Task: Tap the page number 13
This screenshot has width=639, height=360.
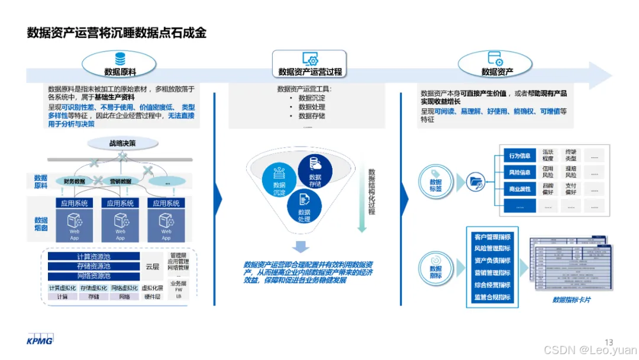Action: click(609, 341)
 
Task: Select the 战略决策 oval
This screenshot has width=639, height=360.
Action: click(122, 143)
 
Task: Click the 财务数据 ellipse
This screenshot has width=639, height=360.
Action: click(74, 181)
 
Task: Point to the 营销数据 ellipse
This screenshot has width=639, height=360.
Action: click(121, 181)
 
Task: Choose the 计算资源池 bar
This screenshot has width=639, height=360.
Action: click(93, 257)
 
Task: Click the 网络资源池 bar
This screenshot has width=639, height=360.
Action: click(93, 276)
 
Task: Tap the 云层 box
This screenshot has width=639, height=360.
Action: click(152, 266)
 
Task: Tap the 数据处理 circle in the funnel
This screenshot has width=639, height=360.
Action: click(304, 207)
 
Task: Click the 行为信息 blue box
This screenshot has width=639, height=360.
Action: click(519, 156)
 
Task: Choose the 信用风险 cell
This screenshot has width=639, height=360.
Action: click(548, 172)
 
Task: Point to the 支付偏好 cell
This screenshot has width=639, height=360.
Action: click(570, 189)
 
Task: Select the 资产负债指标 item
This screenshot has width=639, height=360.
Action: click(492, 261)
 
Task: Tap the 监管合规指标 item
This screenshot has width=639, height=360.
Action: click(492, 297)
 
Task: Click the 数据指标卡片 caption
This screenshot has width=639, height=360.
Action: click(572, 300)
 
